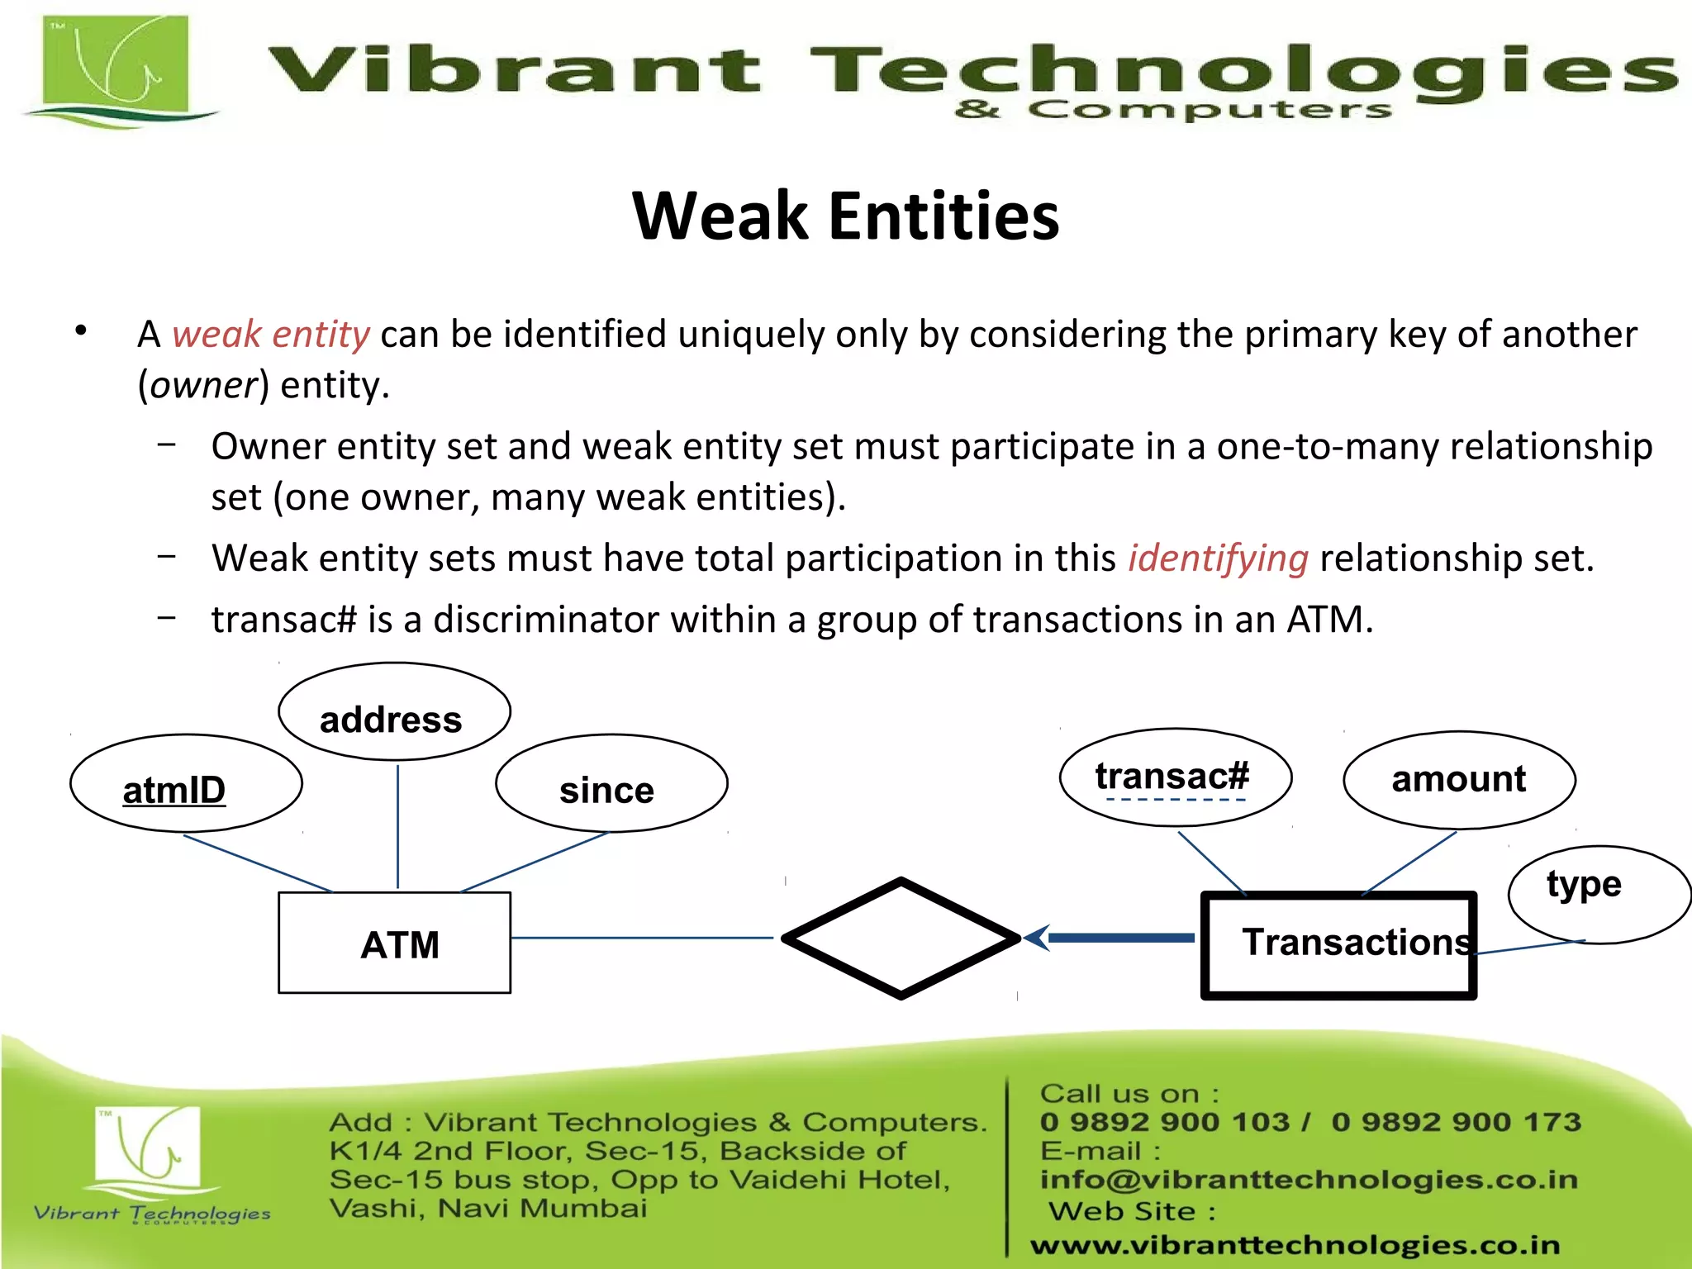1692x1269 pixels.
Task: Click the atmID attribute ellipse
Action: coord(186,783)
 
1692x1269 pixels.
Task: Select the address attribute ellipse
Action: coord(394,712)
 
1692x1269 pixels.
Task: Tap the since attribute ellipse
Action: coord(611,783)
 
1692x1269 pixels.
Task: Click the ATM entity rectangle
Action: coord(394,943)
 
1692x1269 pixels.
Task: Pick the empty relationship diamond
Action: coord(901,939)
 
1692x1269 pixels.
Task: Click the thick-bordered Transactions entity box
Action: coord(1338,945)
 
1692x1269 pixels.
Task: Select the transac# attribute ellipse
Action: coord(1175,777)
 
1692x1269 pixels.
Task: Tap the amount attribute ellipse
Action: coord(1459,780)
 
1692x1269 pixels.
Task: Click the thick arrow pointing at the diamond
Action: coord(1115,938)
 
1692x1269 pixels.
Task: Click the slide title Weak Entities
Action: coord(845,216)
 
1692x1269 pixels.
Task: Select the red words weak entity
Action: coord(270,335)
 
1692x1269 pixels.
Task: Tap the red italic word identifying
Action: coord(1218,558)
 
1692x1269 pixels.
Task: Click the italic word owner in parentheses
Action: coord(204,386)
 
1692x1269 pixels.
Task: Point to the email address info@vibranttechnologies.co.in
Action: coord(1308,1180)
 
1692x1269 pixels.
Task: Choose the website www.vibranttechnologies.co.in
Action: coord(1295,1244)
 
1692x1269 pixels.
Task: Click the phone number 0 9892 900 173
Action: coord(1456,1122)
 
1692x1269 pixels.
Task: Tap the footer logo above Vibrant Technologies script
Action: coord(147,1145)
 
